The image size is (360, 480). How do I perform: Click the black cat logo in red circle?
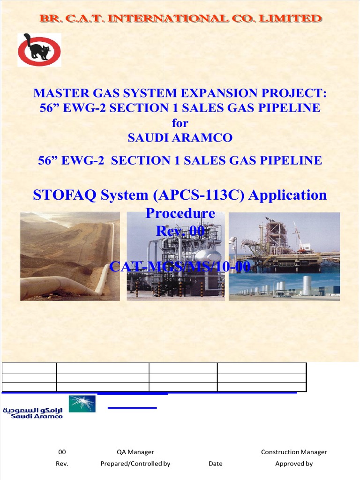click(x=39, y=49)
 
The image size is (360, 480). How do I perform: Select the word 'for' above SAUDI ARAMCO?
click(x=180, y=123)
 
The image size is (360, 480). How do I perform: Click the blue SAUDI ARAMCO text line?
click(x=180, y=138)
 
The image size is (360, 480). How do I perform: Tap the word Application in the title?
click(x=287, y=195)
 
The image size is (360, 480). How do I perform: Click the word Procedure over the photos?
click(x=180, y=213)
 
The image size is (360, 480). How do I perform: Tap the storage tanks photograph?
click(x=284, y=287)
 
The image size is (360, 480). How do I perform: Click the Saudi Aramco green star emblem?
click(x=82, y=404)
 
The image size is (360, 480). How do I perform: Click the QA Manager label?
click(x=135, y=452)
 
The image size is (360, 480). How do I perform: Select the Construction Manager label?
click(x=294, y=452)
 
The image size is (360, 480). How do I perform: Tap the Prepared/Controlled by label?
click(x=135, y=464)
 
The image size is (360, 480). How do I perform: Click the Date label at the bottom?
click(x=216, y=464)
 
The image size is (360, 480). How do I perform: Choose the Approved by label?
click(x=294, y=464)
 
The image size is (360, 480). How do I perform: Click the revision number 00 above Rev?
click(x=62, y=452)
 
